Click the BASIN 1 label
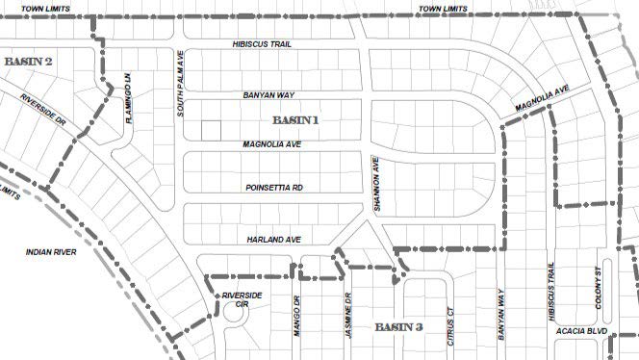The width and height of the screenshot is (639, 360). [x=294, y=120]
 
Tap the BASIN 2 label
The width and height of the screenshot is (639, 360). [x=28, y=61]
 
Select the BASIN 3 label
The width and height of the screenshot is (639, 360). [x=397, y=327]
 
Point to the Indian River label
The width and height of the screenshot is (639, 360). [x=52, y=252]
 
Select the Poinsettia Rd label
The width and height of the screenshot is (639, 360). [x=273, y=188]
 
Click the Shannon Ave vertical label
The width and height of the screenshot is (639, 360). [x=379, y=184]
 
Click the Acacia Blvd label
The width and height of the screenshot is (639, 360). [x=582, y=331]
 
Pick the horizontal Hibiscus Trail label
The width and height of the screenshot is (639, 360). [x=263, y=45]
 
